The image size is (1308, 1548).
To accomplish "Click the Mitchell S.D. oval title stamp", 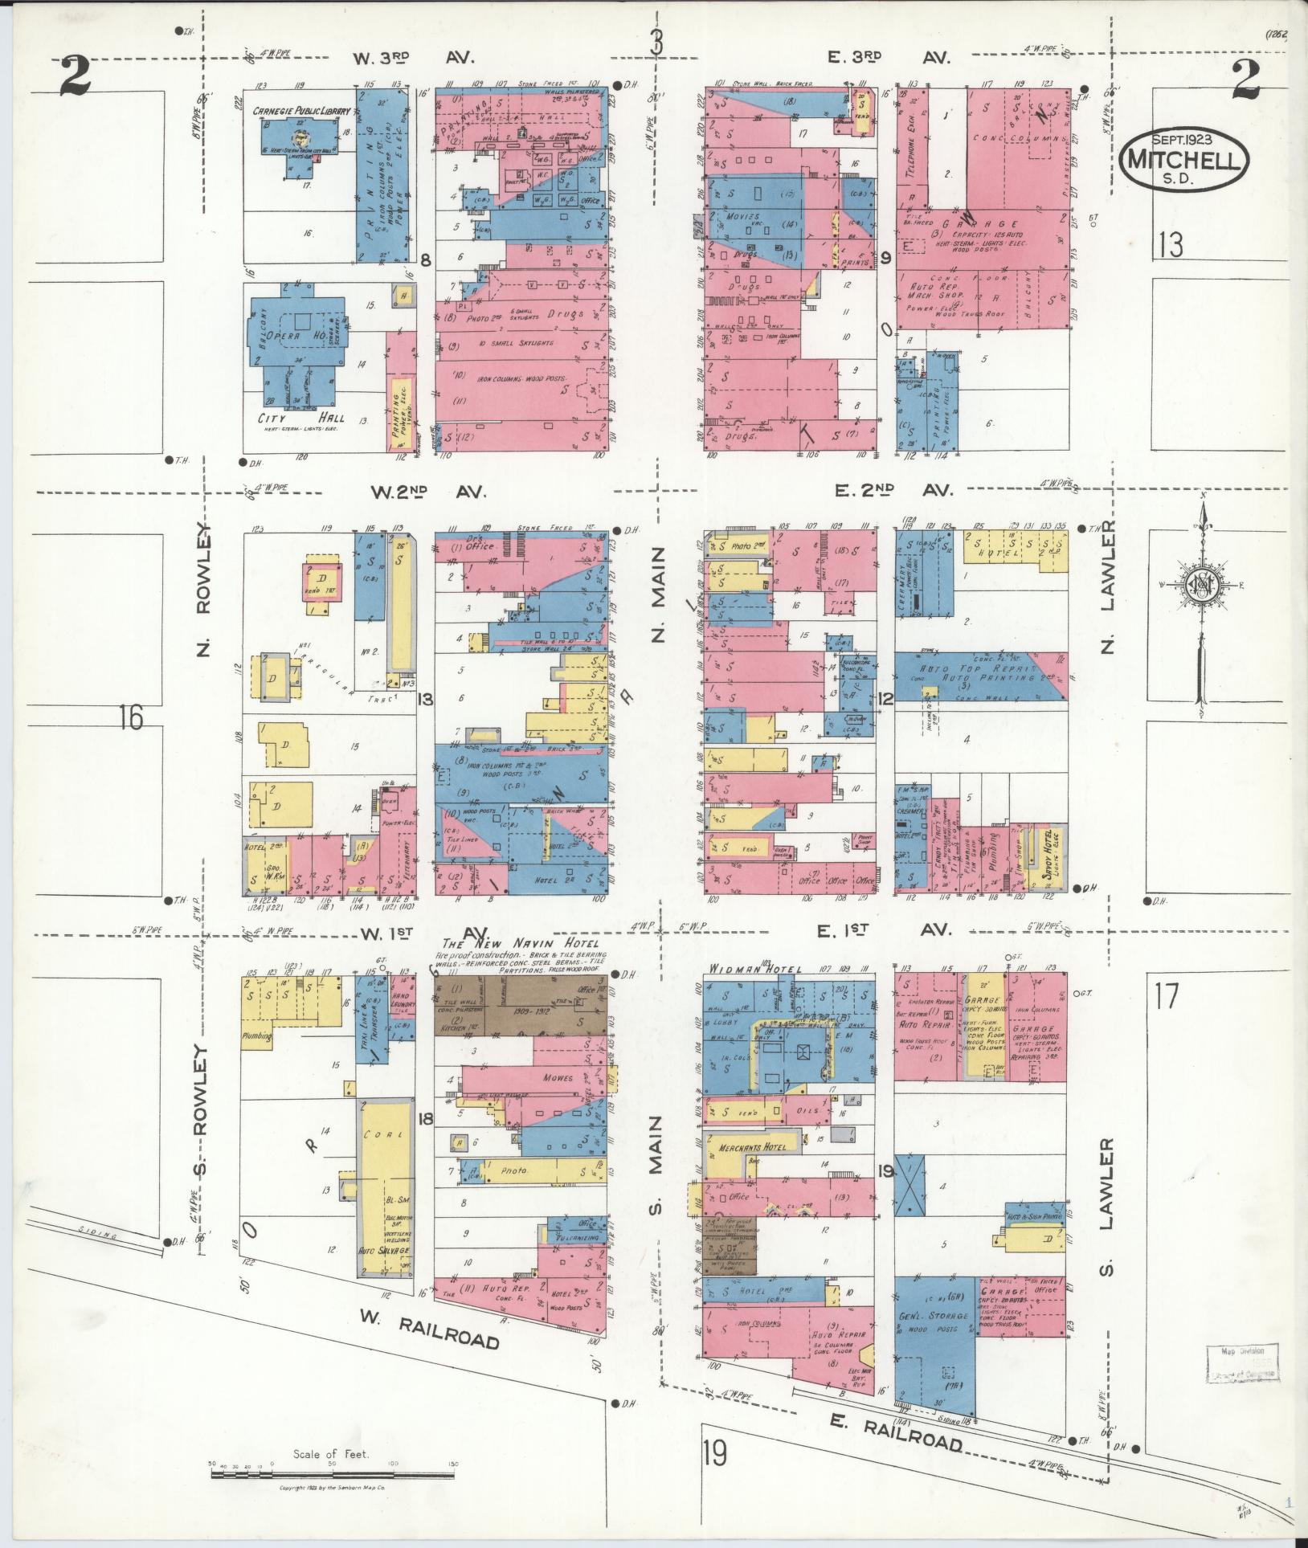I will point(1184,161).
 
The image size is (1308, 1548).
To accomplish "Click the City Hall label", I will point(295,418).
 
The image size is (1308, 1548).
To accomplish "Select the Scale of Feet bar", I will point(331,1476).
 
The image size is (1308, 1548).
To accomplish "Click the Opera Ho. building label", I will point(298,336).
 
